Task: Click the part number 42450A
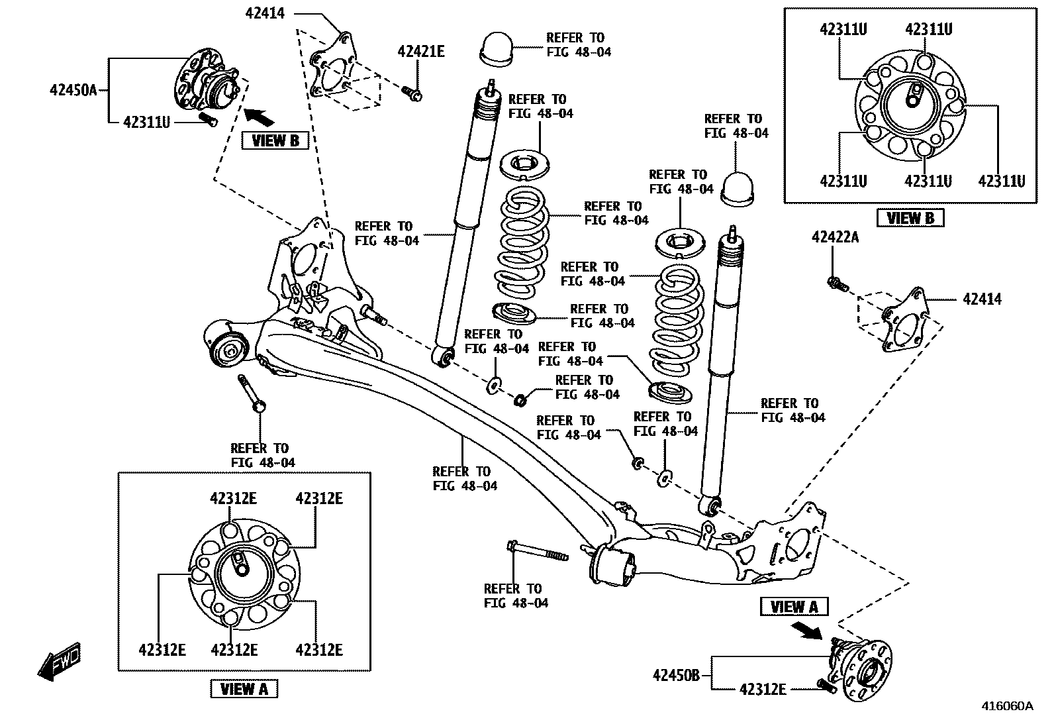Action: (x=73, y=90)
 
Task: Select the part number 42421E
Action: (x=421, y=52)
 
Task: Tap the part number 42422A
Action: (x=835, y=237)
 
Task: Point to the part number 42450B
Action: (x=675, y=676)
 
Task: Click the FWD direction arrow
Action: (x=60, y=660)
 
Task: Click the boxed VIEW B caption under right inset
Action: (x=910, y=217)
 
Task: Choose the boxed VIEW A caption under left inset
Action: (x=244, y=689)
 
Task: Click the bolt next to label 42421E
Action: (x=412, y=95)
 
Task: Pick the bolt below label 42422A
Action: (x=836, y=284)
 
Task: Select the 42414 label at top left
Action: (x=265, y=13)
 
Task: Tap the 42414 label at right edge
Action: (x=982, y=299)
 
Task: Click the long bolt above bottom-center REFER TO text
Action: (x=537, y=552)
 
